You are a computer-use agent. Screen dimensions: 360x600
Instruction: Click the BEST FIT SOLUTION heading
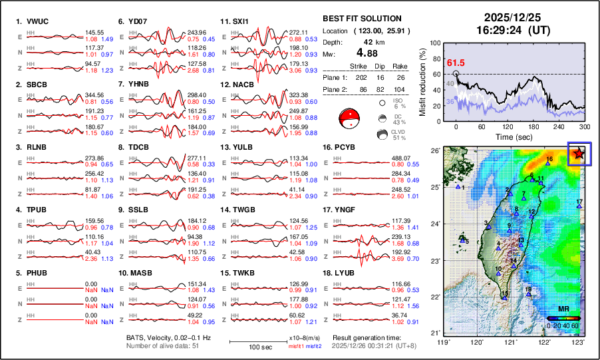click(x=361, y=19)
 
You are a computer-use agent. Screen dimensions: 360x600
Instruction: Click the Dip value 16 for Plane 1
click(x=383, y=77)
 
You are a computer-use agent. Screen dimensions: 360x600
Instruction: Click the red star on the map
click(x=579, y=154)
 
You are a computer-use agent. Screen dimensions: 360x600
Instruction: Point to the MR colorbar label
click(x=563, y=309)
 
